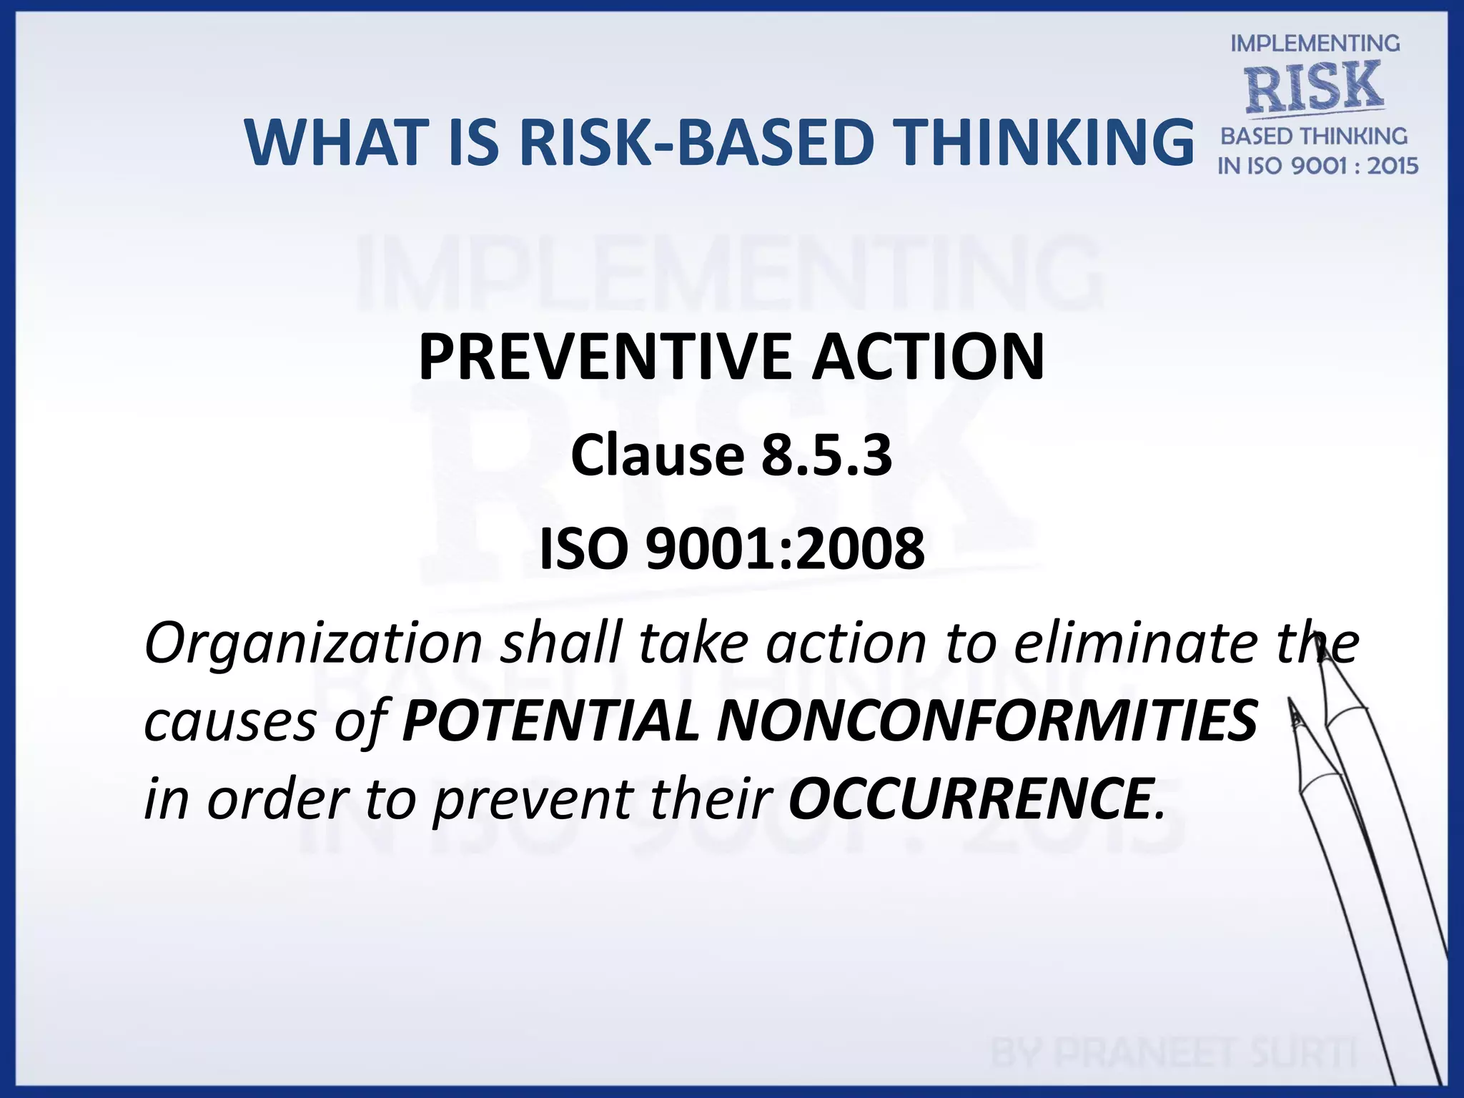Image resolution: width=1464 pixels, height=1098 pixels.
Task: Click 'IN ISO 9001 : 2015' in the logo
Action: (1317, 166)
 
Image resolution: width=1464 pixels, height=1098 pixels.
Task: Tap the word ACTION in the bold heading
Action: (928, 357)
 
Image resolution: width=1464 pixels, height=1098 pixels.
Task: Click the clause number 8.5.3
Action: (826, 455)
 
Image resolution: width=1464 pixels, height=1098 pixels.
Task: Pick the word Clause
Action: (658, 455)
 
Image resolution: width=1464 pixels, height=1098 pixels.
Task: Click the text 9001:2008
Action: (785, 549)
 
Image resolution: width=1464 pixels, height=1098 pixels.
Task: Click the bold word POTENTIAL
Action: (550, 721)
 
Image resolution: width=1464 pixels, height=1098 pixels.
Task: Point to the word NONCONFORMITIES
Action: (986, 721)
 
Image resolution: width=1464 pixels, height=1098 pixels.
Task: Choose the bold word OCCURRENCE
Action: (969, 798)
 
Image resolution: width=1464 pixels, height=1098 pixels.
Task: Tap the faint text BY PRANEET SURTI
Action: (1172, 1053)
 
